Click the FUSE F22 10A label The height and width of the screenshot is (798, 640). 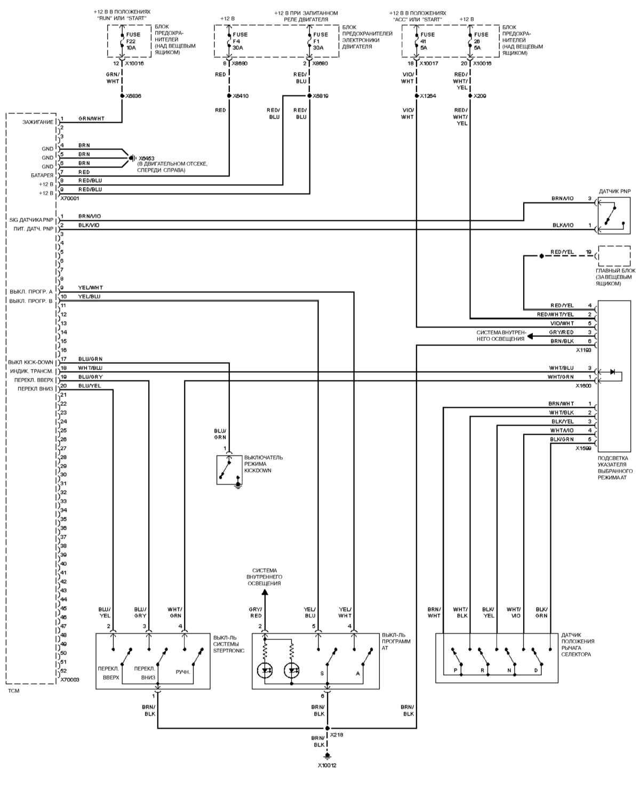click(133, 41)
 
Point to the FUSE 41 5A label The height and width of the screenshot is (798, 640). click(427, 41)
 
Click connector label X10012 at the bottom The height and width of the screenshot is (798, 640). click(327, 765)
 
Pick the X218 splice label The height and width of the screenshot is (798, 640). click(337, 735)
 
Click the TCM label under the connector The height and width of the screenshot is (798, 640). click(14, 691)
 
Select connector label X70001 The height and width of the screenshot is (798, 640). click(70, 198)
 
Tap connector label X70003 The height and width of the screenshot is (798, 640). click(70, 680)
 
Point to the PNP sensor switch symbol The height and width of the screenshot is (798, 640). click(614, 216)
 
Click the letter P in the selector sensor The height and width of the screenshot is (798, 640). click(455, 670)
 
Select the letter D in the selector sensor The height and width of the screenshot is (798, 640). click(536, 670)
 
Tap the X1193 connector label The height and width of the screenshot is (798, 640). click(583, 350)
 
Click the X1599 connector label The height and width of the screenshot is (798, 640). click(583, 449)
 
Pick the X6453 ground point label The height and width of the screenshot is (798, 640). click(147, 158)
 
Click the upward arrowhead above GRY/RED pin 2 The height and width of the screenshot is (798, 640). click(265, 592)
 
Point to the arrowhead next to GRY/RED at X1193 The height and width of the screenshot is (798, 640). click(531, 337)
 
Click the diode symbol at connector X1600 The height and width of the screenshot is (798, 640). click(613, 372)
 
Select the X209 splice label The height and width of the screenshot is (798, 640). click(480, 97)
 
